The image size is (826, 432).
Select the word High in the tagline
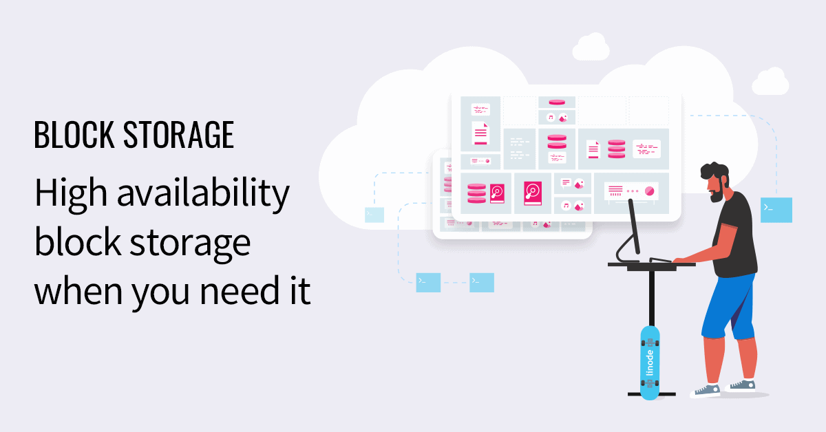(70, 195)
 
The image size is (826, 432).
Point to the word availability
(203, 195)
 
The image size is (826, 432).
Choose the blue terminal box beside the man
(776, 210)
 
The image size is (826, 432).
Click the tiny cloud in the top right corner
(770, 82)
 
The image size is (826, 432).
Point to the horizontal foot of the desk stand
(651, 395)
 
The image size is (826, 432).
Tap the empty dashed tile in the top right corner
(648, 110)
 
